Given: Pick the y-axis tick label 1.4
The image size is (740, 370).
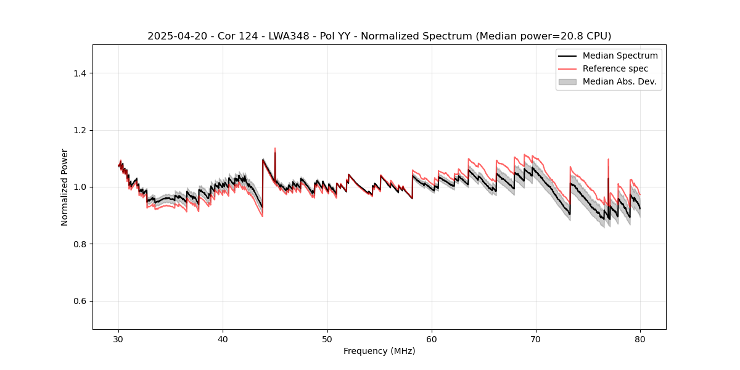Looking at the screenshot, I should click(x=80, y=73).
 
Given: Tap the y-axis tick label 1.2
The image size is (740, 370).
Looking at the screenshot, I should click(x=80, y=130).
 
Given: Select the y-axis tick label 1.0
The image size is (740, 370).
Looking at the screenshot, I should click(x=80, y=187).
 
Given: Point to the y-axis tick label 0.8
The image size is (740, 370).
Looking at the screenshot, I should click(x=80, y=244).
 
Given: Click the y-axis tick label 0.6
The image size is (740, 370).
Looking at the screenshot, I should click(x=80, y=301).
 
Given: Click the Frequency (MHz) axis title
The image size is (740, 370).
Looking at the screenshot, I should click(x=379, y=351).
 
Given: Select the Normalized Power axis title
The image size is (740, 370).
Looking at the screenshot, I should click(x=65, y=187).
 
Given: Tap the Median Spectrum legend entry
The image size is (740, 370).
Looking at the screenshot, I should click(x=620, y=55).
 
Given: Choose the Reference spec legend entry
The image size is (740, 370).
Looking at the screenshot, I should click(x=615, y=68).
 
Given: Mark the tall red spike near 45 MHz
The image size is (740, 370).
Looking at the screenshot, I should click(x=275, y=149).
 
